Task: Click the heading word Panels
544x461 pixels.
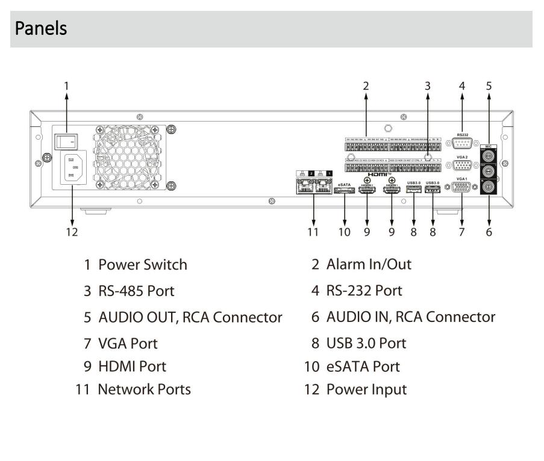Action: point(40,28)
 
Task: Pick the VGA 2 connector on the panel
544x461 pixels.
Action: point(463,167)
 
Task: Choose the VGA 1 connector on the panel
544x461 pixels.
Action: point(463,188)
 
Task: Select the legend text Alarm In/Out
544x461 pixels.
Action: point(369,264)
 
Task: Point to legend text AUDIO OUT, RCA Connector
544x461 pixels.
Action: point(190,317)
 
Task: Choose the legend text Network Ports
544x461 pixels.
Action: point(145,389)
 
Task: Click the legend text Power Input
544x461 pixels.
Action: point(366,389)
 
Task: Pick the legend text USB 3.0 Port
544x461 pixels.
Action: point(366,343)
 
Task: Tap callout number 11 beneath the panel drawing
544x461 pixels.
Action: point(313,232)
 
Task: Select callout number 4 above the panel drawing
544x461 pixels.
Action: point(462,85)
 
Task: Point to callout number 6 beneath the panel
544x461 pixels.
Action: point(489,232)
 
